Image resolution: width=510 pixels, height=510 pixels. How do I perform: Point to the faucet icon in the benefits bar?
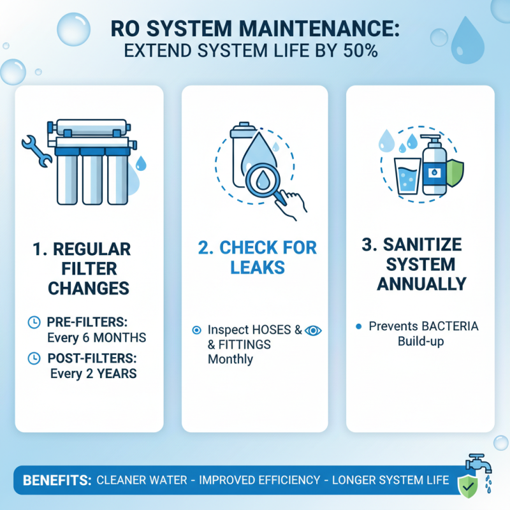click(x=475, y=465)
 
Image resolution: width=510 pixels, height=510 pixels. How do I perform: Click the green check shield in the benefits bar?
click(x=467, y=486)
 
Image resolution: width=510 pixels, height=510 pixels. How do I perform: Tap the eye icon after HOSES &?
click(x=313, y=330)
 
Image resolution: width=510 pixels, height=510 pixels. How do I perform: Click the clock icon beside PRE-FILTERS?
click(x=34, y=323)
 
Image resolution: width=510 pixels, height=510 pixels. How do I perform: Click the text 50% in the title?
click(x=360, y=50)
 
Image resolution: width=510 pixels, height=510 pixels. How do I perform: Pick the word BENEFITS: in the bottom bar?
click(x=57, y=480)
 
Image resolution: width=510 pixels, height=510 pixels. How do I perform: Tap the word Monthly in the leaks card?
click(x=230, y=360)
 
